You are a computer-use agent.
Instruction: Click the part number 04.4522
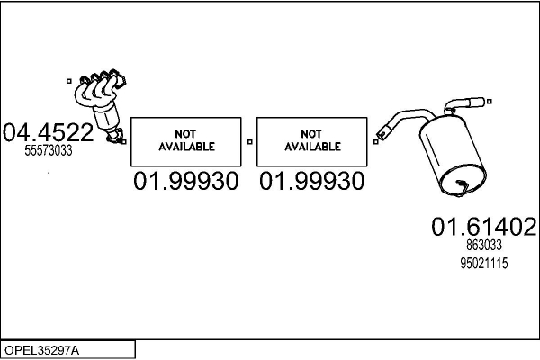[48, 133]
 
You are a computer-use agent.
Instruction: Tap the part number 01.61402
[483, 226]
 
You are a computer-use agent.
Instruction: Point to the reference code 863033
[483, 245]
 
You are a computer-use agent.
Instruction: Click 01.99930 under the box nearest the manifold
[186, 182]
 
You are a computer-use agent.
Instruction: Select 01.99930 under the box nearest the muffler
[312, 182]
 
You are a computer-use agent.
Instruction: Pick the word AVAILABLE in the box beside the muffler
[312, 146]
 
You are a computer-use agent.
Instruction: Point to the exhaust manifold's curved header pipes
[94, 90]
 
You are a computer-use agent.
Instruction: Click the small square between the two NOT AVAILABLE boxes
[249, 141]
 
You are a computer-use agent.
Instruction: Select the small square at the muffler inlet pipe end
[375, 139]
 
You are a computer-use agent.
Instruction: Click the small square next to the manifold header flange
[70, 81]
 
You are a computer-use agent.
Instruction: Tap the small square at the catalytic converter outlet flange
[124, 140]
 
